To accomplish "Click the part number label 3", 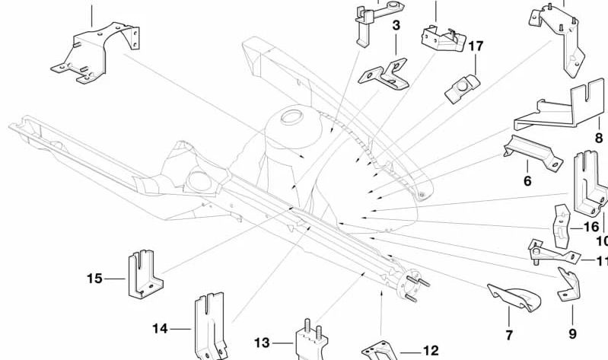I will click(x=396, y=27).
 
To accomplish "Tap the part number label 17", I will click(x=476, y=46).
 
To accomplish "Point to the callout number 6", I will click(x=527, y=180).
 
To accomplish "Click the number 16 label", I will click(x=591, y=227).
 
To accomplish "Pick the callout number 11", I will click(x=601, y=261).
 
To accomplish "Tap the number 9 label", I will click(x=572, y=333).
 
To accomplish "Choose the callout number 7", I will click(x=509, y=334).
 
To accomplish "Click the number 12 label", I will click(x=430, y=351).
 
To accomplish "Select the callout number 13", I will click(x=262, y=342).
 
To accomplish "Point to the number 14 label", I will click(x=160, y=329).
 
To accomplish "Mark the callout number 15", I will click(x=94, y=279).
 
